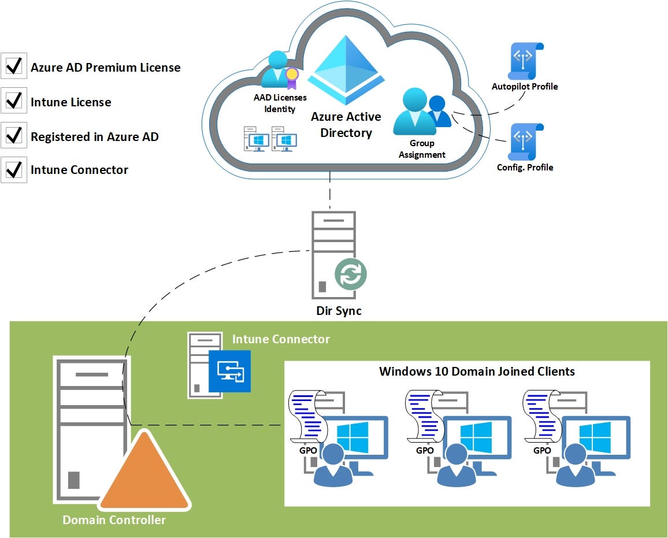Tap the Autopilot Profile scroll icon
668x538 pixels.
[525, 61]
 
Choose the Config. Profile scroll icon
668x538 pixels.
[525, 142]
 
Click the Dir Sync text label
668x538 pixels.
[339, 311]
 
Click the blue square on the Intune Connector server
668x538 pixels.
[230, 371]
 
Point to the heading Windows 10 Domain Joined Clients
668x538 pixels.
[477, 371]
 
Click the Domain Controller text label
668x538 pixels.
[114, 520]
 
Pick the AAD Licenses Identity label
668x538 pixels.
[280, 103]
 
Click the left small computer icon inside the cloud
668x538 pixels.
[254, 139]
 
